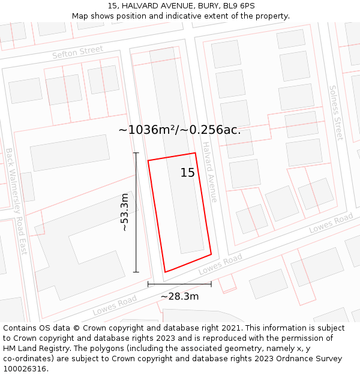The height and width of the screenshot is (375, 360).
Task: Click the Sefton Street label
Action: (77, 52)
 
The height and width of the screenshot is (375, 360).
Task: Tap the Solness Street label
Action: (335, 112)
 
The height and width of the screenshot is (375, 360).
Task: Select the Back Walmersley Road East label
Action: (16, 200)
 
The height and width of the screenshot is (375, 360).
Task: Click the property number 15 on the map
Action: (187, 173)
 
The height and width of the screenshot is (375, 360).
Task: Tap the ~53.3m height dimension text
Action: (124, 212)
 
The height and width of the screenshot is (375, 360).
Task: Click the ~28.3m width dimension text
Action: (179, 296)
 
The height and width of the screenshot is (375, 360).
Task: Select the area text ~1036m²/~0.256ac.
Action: (179, 130)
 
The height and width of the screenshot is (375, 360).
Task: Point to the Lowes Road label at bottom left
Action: (110, 306)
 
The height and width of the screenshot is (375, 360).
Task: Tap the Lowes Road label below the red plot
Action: (220, 264)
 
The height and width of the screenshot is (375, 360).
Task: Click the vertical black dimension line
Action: (136, 212)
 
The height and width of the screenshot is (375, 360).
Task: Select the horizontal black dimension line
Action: (179, 284)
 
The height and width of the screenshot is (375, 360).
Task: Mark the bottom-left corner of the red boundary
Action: (165, 272)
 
